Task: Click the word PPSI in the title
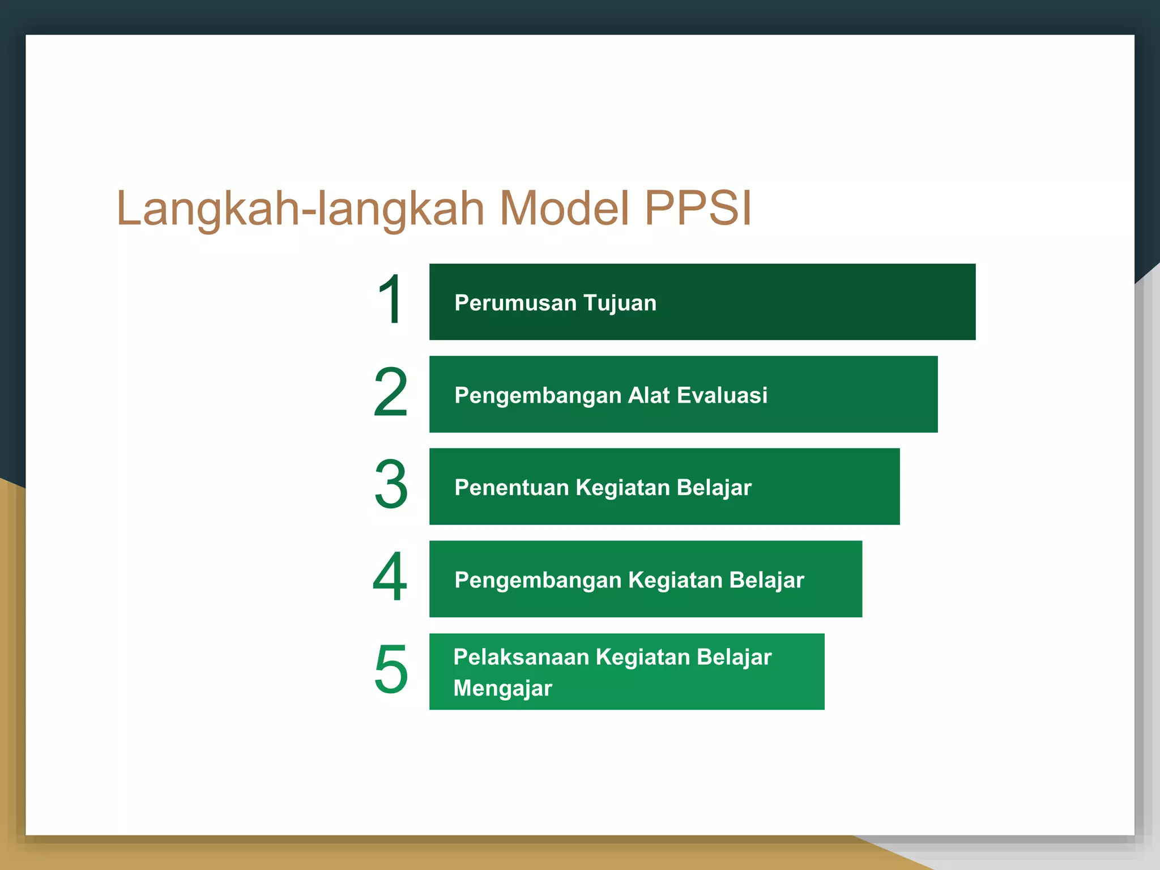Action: tap(698, 208)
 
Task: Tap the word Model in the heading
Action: tap(564, 208)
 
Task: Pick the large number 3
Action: tap(390, 484)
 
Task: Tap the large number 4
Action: tap(390, 577)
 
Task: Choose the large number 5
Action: tap(390, 669)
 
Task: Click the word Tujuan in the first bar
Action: tap(620, 303)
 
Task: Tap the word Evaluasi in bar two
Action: tap(722, 395)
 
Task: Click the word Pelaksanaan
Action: tap(521, 657)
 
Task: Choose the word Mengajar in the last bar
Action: tap(502, 689)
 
